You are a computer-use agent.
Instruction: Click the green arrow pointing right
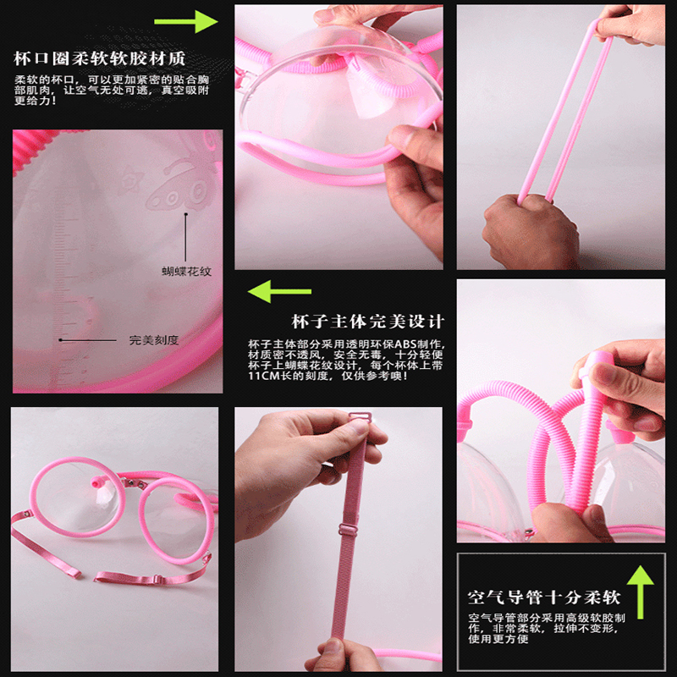pos(185,22)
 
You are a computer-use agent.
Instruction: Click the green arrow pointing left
pos(280,291)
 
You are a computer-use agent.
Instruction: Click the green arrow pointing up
pos(641,592)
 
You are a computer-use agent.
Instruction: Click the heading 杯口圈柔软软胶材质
pos(100,58)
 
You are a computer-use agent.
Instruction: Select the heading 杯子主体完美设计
pos(368,322)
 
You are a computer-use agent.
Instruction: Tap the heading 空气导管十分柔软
pos(544,597)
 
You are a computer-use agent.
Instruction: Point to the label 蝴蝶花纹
pos(186,272)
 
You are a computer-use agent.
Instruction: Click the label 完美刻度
pos(154,340)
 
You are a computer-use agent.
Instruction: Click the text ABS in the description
pos(405,344)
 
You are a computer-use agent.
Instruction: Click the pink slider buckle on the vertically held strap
pos(346,529)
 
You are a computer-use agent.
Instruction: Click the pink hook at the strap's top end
pos(360,417)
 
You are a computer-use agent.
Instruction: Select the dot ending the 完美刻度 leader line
pos(60,340)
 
